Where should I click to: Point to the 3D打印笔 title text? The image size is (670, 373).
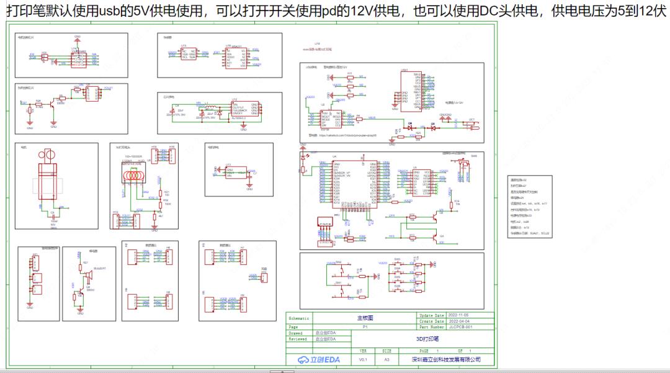[427, 339]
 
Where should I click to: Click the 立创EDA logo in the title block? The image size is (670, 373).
[318, 359]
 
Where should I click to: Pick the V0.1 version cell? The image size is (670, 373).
[364, 359]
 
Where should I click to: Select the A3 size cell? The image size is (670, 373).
[387, 359]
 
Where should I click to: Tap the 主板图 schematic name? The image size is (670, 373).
[365, 317]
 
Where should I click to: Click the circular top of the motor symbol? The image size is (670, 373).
[47, 153]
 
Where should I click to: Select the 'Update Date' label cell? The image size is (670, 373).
[432, 316]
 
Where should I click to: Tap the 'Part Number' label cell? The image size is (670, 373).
[432, 327]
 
